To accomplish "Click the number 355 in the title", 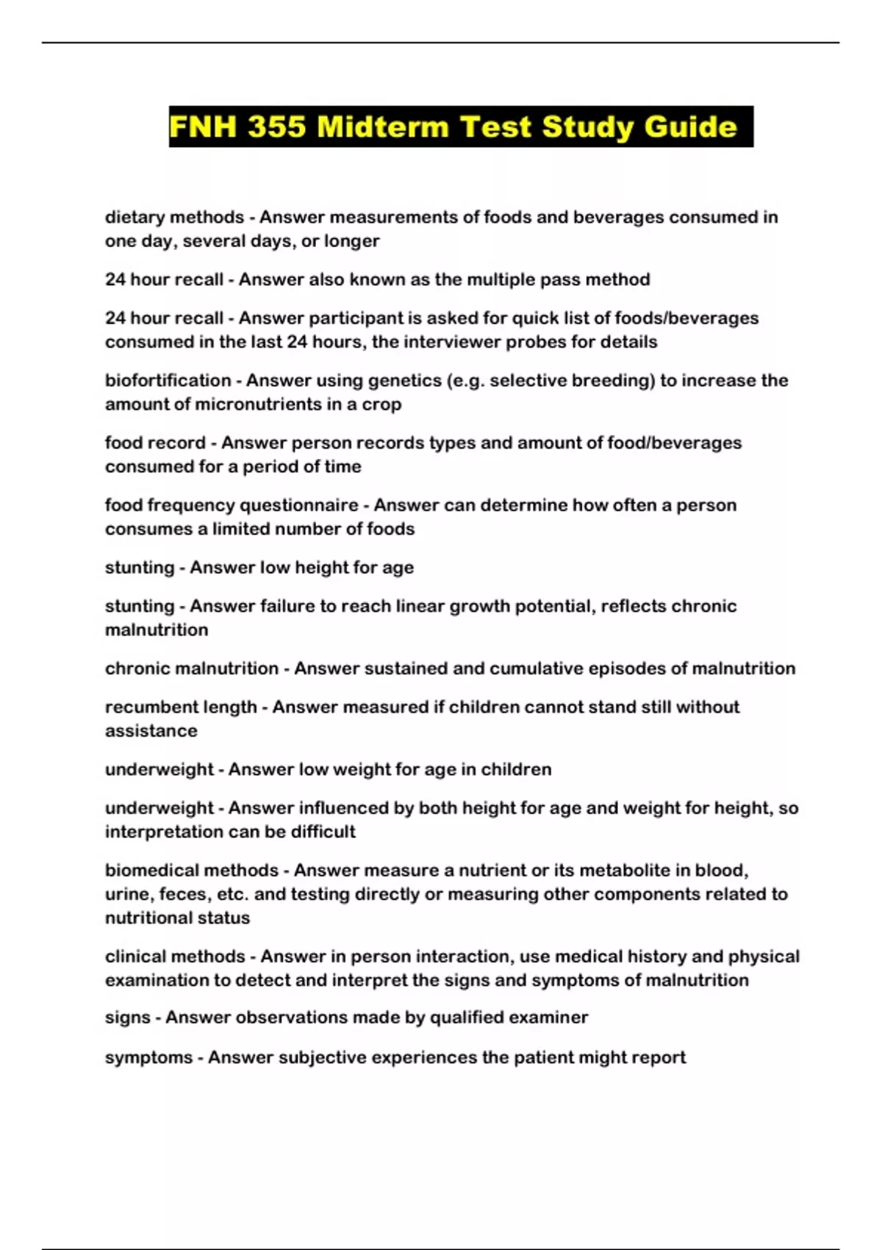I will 276,127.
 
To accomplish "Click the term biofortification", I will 168,380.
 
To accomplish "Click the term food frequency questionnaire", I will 232,505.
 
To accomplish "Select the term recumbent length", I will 181,707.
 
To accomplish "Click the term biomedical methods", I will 192,870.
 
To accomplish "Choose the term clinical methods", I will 175,956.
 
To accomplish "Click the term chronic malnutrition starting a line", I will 192,668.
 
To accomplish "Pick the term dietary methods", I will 174,217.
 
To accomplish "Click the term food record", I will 155,443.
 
